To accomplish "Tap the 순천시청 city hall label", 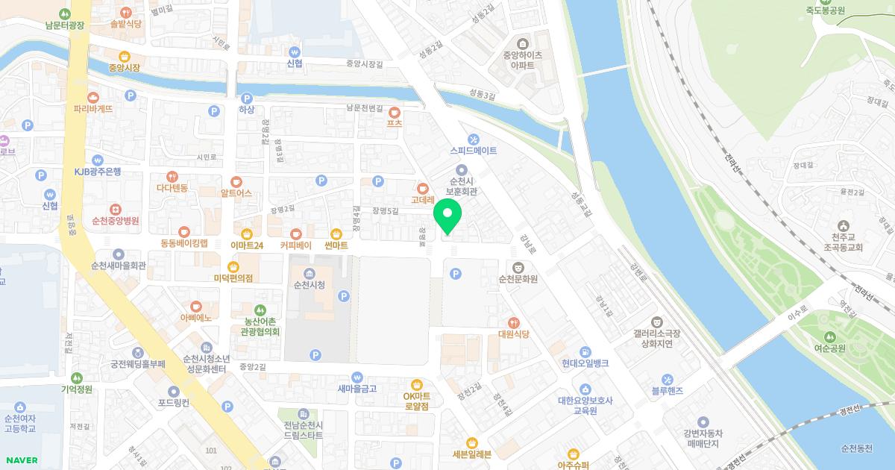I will pyautogui.click(x=310, y=285).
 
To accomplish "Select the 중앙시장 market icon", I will pyautogui.click(x=124, y=55).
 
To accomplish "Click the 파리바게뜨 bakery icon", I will pyautogui.click(x=93, y=97).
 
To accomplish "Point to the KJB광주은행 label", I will pyautogui.click(x=97, y=172).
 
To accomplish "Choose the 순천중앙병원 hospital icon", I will pyautogui.click(x=115, y=210).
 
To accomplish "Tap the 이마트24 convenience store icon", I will pyautogui.click(x=247, y=234).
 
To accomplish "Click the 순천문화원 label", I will pyautogui.click(x=518, y=280).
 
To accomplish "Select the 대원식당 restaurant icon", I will pyautogui.click(x=513, y=322).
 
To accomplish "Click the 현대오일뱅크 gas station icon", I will pyautogui.click(x=585, y=351).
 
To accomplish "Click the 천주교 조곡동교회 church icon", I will pyautogui.click(x=843, y=225).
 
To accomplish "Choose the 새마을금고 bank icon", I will pyautogui.click(x=357, y=377).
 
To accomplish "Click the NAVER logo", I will pyautogui.click(x=19, y=460).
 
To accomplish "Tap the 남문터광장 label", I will pyautogui.click(x=64, y=25).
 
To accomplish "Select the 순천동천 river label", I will pyautogui.click(x=855, y=448).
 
